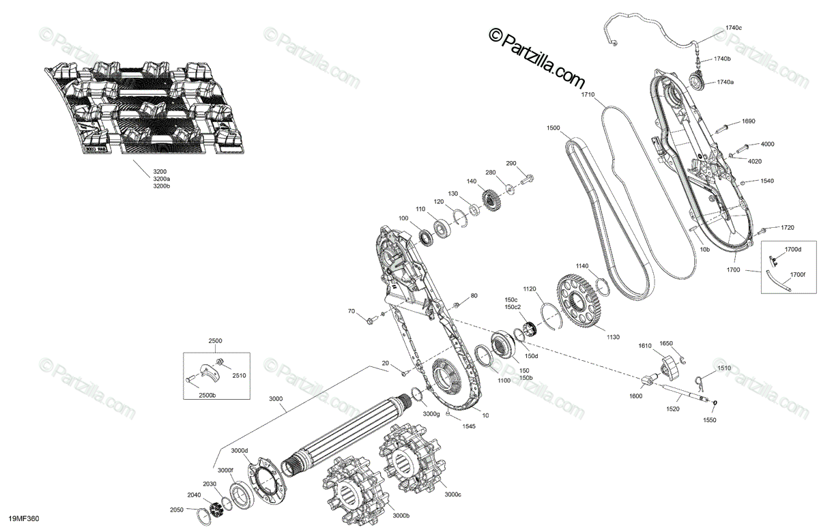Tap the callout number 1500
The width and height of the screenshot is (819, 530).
tap(554, 128)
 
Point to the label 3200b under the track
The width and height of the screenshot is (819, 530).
tap(162, 186)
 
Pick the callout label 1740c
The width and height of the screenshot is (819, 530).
tap(733, 28)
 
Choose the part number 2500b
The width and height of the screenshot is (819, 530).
tap(207, 395)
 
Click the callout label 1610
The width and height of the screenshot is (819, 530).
tap(645, 347)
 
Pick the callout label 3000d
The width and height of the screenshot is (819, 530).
tap(239, 450)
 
